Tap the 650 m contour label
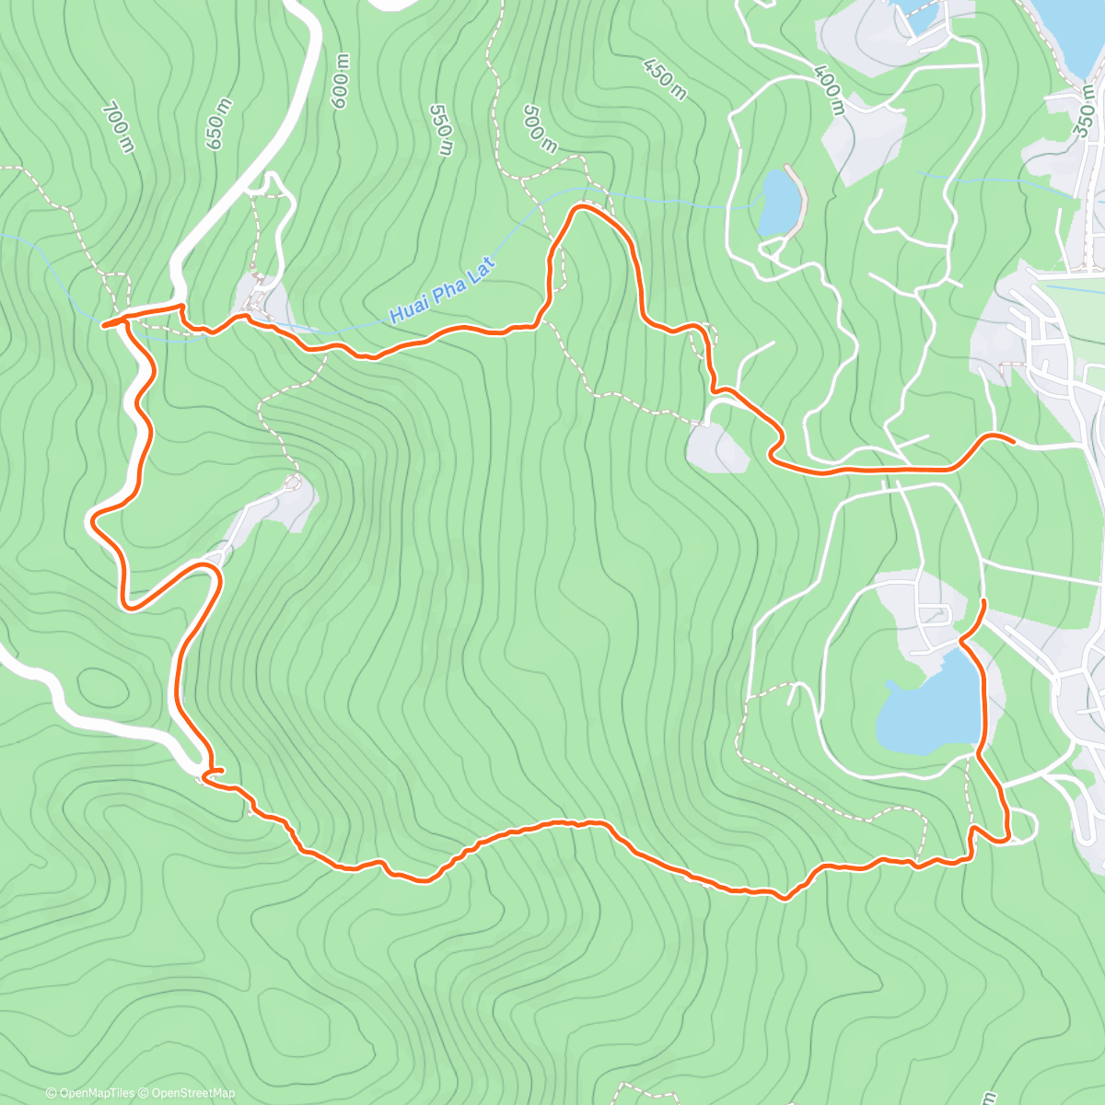tap(218, 131)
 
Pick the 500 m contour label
tap(540, 129)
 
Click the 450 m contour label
tap(665, 79)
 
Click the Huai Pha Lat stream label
tap(443, 291)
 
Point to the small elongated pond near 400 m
tap(779, 203)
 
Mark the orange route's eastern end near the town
tap(1013, 442)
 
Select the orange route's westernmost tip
tap(103, 324)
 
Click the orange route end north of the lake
tap(983, 601)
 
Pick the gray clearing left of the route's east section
tap(718, 449)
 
